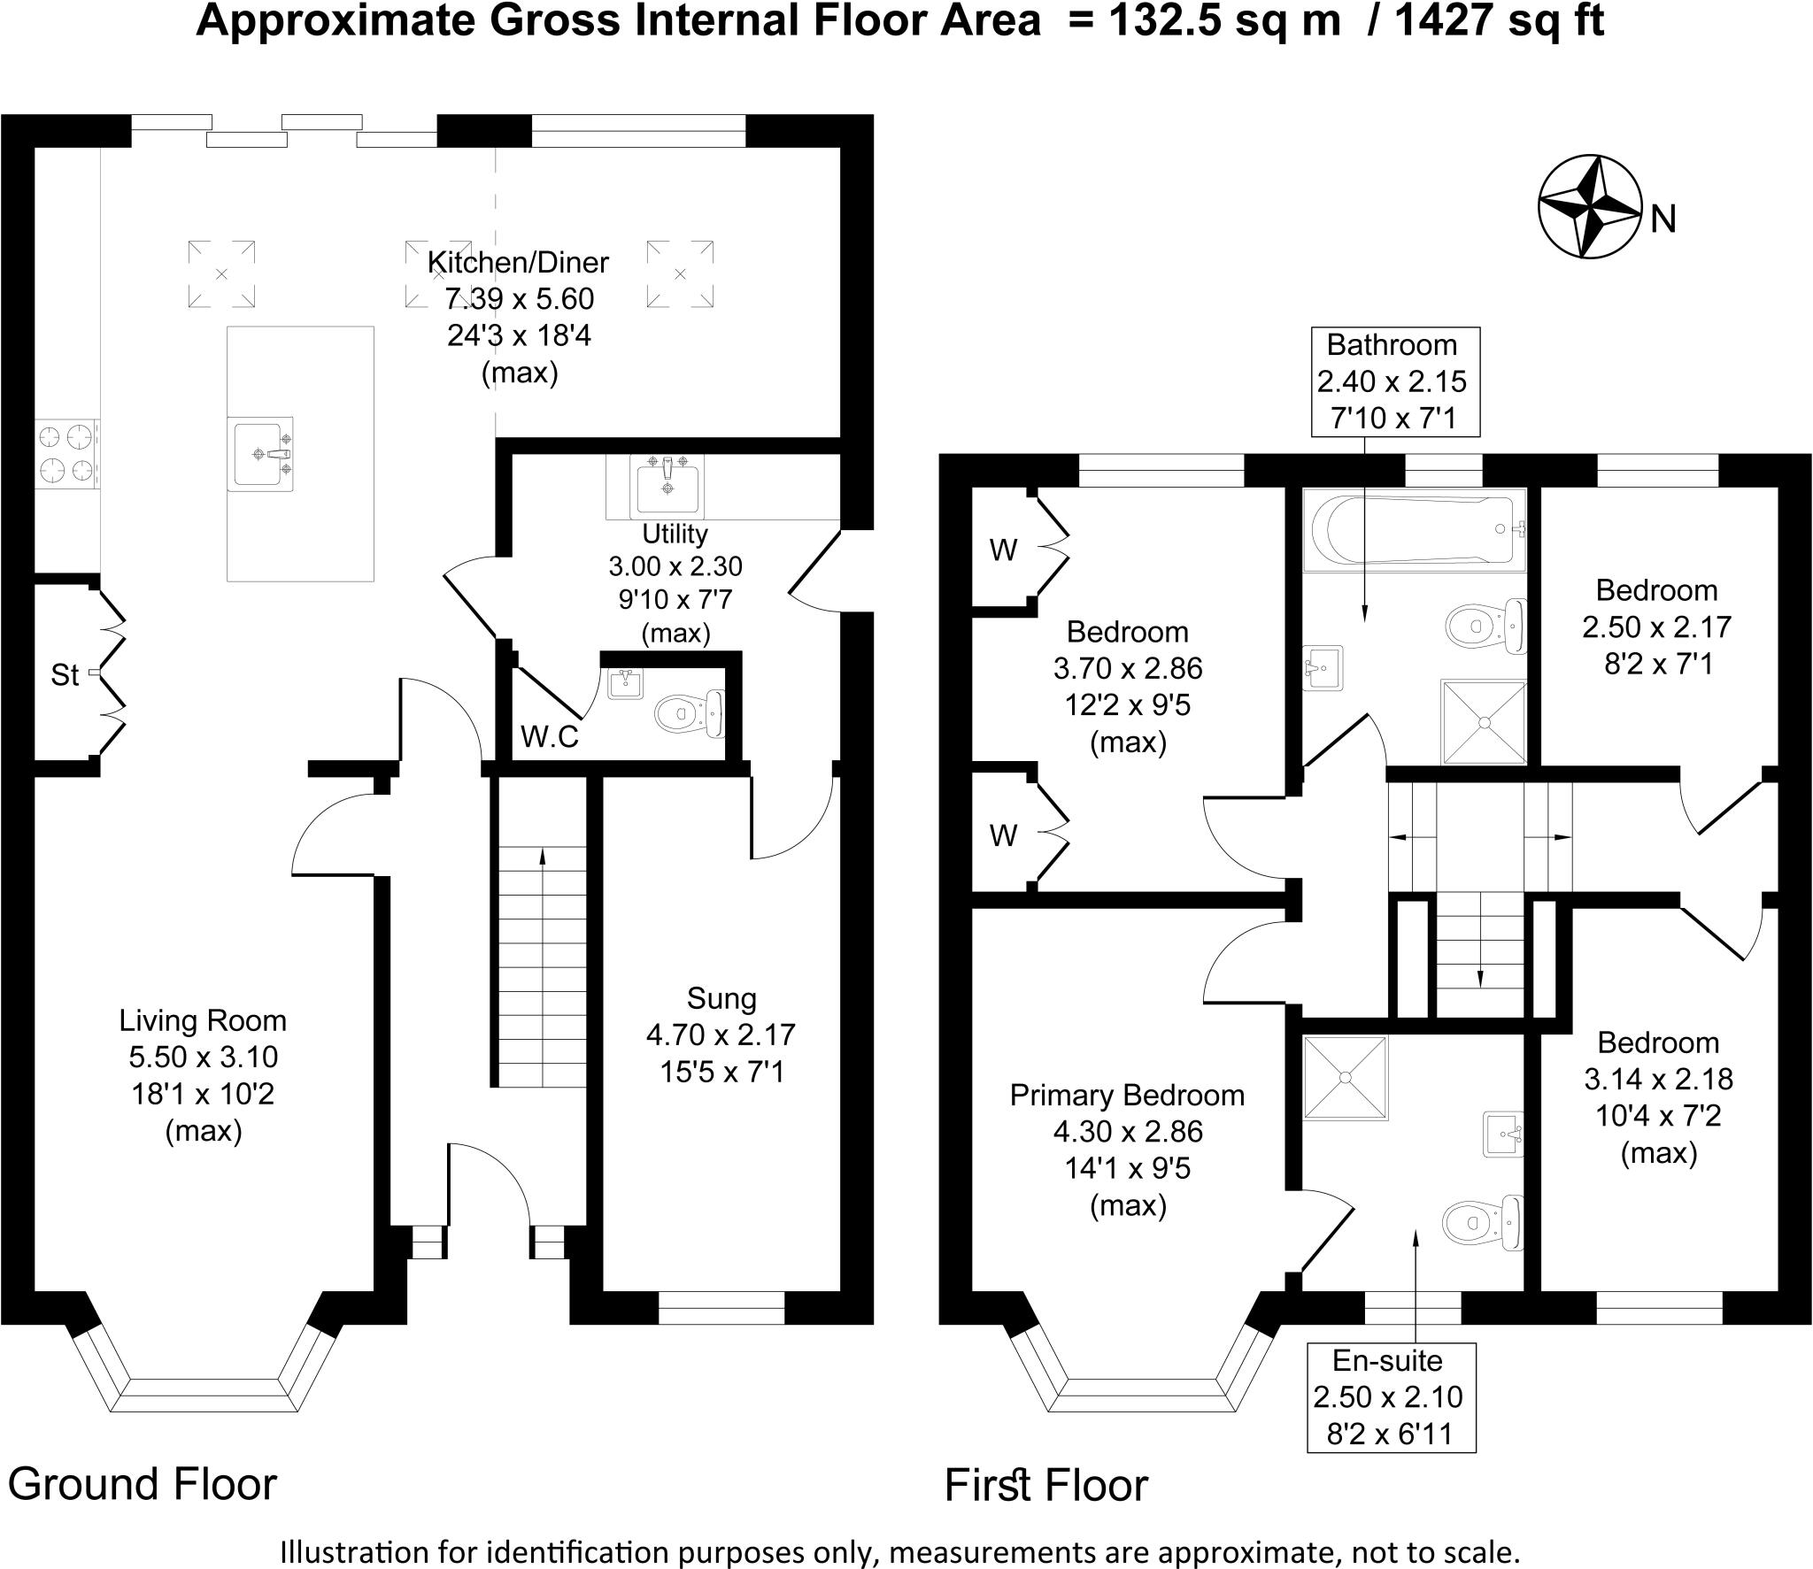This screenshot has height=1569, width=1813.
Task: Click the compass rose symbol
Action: click(1591, 219)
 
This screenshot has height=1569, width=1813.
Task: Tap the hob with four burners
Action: click(66, 455)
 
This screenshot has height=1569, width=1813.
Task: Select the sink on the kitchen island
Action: click(259, 453)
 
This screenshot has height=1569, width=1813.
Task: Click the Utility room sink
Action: click(667, 486)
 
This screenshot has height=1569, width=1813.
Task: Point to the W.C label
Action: click(549, 736)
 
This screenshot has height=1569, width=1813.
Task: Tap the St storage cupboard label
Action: click(65, 675)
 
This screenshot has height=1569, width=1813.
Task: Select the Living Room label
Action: click(203, 1021)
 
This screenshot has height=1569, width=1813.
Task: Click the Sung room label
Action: click(721, 998)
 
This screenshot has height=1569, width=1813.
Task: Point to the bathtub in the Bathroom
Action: click(1415, 528)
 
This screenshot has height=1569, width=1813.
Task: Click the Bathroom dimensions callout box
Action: click(1396, 381)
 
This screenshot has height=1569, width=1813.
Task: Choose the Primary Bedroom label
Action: click(1127, 1096)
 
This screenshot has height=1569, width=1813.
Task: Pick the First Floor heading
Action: click(1045, 1484)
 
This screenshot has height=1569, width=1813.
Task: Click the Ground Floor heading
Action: click(143, 1483)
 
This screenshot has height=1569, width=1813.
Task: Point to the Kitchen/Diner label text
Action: click(518, 263)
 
